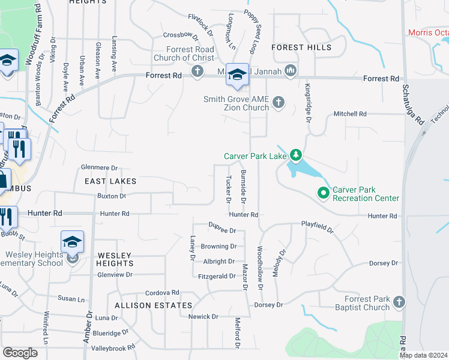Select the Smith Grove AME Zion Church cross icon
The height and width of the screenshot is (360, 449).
click(x=278, y=101)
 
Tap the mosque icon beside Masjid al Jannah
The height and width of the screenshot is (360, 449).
click(x=291, y=71)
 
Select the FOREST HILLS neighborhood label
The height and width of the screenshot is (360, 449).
click(x=301, y=47)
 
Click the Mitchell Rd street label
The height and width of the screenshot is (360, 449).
click(x=350, y=113)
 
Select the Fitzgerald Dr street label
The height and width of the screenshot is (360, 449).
click(x=217, y=277)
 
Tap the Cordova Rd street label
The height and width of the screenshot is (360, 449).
click(x=162, y=293)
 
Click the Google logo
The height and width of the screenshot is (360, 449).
click(x=20, y=353)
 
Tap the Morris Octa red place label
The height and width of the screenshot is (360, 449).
click(x=428, y=32)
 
